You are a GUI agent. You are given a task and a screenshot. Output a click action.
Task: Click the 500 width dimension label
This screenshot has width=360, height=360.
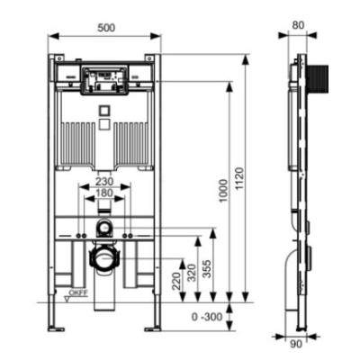(x=106, y=28)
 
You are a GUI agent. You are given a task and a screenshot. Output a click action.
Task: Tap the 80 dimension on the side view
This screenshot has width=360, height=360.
(x=298, y=25)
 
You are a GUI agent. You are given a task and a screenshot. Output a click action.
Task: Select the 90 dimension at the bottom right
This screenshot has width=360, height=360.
(x=296, y=344)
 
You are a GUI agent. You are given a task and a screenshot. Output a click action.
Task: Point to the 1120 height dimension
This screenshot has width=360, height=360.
(x=239, y=179)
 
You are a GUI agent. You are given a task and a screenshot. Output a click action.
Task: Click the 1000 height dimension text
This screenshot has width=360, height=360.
(x=223, y=191)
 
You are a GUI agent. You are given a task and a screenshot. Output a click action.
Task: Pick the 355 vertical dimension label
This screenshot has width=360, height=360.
(x=207, y=269)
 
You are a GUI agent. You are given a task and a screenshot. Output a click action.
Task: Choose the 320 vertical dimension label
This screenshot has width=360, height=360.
(x=192, y=273)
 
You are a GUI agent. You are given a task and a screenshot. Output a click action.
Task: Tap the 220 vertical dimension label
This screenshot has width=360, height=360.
(x=176, y=281)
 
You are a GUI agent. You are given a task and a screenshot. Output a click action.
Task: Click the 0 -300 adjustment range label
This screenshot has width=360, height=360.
(x=207, y=317)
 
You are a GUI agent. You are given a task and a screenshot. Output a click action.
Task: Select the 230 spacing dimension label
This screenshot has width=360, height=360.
(x=104, y=181)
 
